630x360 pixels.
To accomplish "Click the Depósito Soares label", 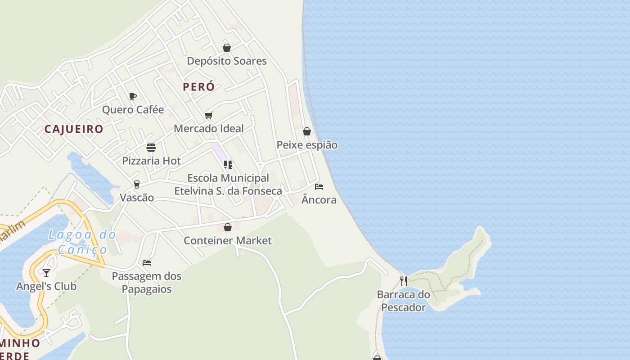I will click(227, 61).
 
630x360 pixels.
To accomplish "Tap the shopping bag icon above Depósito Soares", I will click(227, 48).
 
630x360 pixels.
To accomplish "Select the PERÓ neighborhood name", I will click(198, 87).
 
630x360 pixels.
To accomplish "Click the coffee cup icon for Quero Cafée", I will click(133, 96).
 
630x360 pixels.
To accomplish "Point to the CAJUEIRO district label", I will click(74, 129).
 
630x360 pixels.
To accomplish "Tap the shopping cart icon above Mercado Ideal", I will click(208, 116).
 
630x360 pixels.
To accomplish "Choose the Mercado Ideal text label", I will click(209, 129).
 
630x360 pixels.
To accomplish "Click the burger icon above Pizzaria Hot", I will click(151, 148).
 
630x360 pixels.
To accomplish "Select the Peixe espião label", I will click(307, 145).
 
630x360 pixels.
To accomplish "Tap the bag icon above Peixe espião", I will click(307, 131).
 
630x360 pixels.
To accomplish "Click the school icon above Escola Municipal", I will click(228, 165).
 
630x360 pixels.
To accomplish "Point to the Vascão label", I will click(137, 198).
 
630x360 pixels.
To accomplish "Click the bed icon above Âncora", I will click(319, 187).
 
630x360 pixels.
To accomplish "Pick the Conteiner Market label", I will click(228, 241).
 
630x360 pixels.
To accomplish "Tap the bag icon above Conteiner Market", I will click(228, 227).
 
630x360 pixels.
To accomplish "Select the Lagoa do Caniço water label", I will click(82, 242).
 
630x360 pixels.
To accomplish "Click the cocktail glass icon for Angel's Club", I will click(46, 273).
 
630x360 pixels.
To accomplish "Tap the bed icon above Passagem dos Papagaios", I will click(147, 263).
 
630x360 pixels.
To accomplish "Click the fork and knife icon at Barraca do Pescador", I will click(404, 281).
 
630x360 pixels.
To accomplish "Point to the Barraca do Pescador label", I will click(404, 301).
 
